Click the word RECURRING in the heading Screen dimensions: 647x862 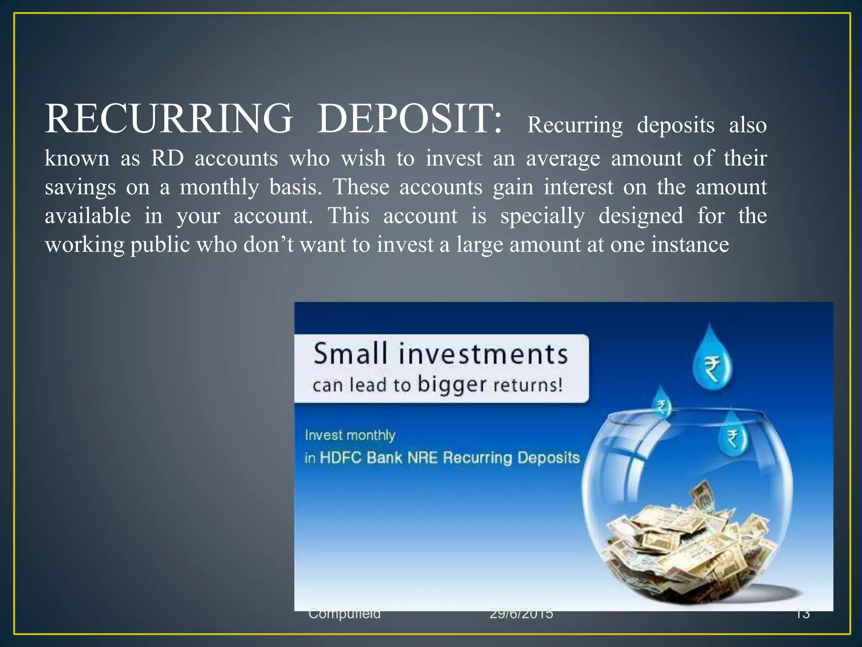coord(168,119)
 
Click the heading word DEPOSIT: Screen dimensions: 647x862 coord(409,119)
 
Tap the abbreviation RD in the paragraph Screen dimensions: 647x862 coord(167,159)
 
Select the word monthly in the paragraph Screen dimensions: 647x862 coord(219,187)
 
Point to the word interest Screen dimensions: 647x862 coord(578,187)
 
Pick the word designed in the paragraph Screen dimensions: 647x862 coord(641,217)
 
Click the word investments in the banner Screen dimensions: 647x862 coord(483,355)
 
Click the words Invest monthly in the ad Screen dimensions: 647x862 coord(350,435)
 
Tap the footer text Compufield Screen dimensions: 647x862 coord(344,614)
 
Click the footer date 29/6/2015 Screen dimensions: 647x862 coord(521,614)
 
